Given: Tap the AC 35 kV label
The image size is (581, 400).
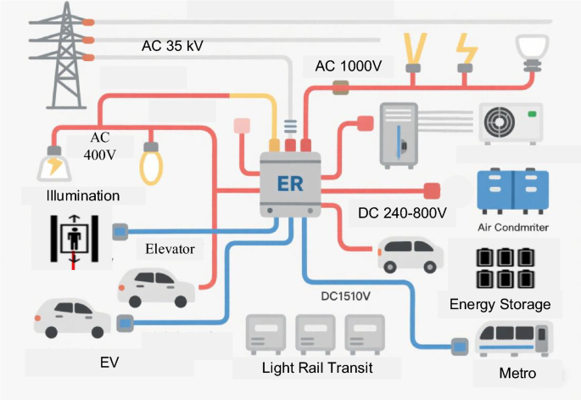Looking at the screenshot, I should pos(175,45).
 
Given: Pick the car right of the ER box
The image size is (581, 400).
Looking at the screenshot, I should pos(410,253).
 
